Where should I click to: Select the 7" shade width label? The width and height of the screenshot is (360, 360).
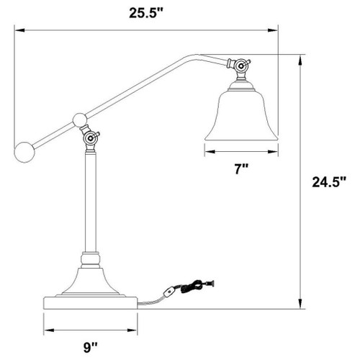click(x=242, y=169)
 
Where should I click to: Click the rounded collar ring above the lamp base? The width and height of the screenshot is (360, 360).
click(x=90, y=256)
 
